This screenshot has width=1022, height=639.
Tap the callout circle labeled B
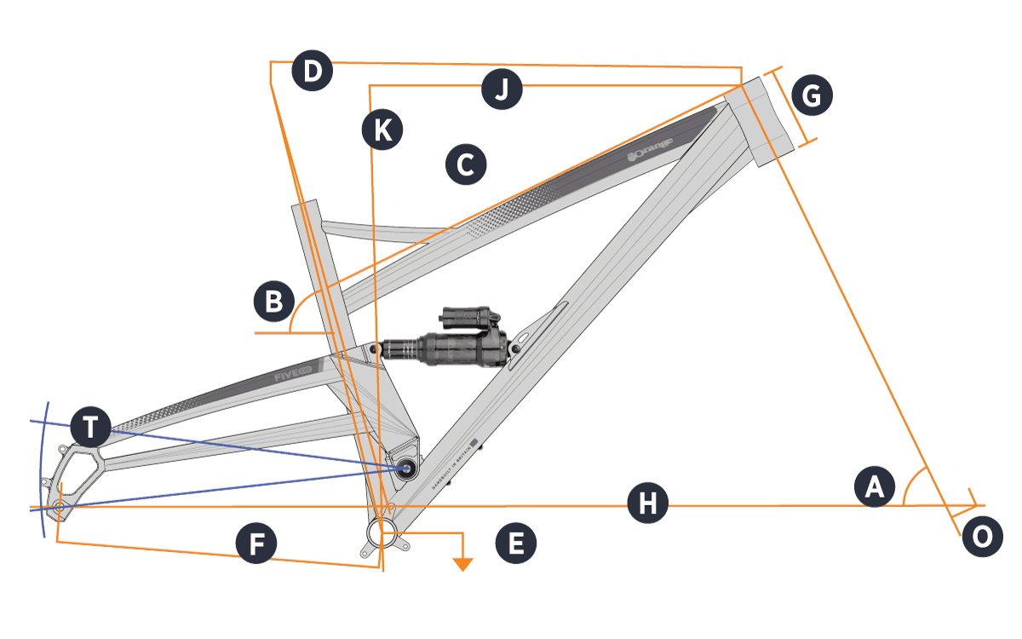pos(274,302)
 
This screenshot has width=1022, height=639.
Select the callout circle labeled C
pos(465,164)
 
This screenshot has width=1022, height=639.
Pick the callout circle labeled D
pos(312,72)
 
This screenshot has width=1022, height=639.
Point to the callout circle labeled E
pos(515,543)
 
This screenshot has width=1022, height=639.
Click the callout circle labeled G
pos(812,96)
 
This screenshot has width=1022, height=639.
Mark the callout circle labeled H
pos(648,504)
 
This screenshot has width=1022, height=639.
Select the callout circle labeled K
pos(382,130)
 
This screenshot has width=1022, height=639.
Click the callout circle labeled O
pos(982,538)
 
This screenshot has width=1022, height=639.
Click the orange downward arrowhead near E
pos(462,563)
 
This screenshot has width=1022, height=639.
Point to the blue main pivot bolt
pos(405,467)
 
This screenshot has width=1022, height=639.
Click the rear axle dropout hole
pos(58,507)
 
